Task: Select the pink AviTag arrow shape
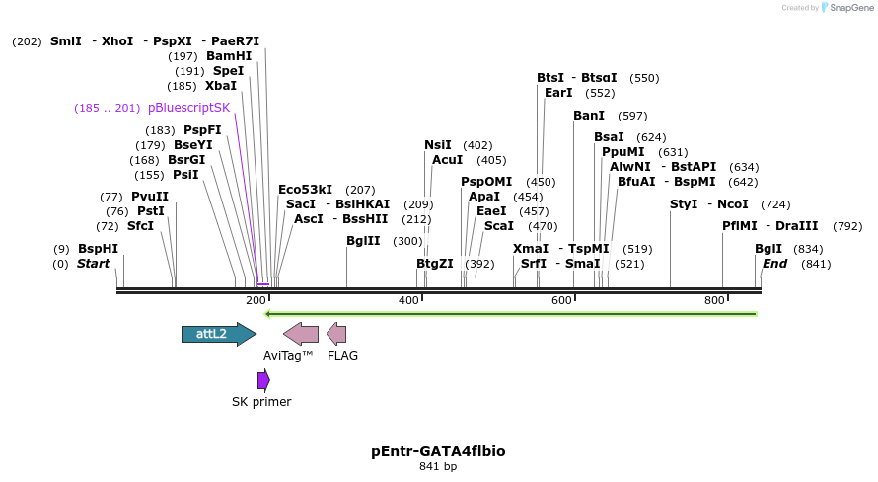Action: pyautogui.click(x=301, y=334)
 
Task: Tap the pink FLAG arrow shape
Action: pyautogui.click(x=336, y=334)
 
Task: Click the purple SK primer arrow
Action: pyautogui.click(x=263, y=380)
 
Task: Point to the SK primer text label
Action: pyautogui.click(x=261, y=402)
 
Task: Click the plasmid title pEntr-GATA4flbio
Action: pyautogui.click(x=438, y=451)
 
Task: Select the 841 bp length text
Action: pyautogui.click(x=438, y=466)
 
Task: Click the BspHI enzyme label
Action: pyautogui.click(x=98, y=249)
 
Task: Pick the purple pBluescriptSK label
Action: pyautogui.click(x=188, y=108)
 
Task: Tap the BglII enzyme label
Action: pyautogui.click(x=363, y=241)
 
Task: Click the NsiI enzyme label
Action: pyautogui.click(x=438, y=145)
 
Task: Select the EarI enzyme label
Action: pyautogui.click(x=558, y=93)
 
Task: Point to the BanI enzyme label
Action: pyautogui.click(x=589, y=116)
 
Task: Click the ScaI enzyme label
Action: pyautogui.click(x=499, y=226)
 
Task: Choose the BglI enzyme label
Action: pyautogui.click(x=768, y=249)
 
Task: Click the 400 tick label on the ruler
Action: pyautogui.click(x=408, y=300)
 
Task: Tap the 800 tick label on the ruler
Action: pyautogui.click(x=715, y=300)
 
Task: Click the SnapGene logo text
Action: pyautogui.click(x=849, y=8)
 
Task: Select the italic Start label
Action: pyautogui.click(x=93, y=264)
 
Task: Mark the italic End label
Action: pyautogui.click(x=774, y=264)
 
